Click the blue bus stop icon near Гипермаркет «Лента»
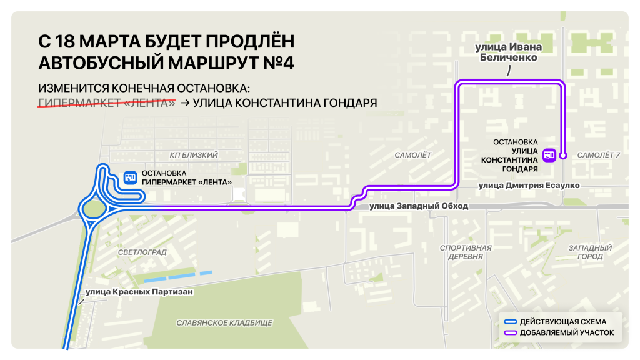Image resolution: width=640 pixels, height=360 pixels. (x=129, y=177)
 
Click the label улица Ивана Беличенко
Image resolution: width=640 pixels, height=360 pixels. (x=508, y=52)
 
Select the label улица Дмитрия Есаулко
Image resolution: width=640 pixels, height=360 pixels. (x=529, y=186)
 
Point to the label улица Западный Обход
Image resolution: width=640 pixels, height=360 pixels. (x=418, y=206)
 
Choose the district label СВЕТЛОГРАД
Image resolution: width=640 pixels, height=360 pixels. (x=142, y=252)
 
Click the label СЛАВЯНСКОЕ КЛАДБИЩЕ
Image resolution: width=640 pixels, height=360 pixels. (x=224, y=322)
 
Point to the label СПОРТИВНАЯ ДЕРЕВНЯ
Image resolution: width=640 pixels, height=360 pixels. (x=466, y=252)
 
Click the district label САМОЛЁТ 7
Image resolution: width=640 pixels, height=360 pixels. (x=598, y=154)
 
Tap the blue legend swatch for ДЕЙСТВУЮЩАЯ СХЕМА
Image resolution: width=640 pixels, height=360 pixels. (x=511, y=322)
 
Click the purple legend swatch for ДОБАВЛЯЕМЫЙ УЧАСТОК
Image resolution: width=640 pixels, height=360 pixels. (x=511, y=333)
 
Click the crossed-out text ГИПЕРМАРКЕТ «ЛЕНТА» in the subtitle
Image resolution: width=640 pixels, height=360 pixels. (x=107, y=102)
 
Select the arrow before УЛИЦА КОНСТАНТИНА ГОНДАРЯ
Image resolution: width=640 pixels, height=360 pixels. (x=185, y=103)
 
